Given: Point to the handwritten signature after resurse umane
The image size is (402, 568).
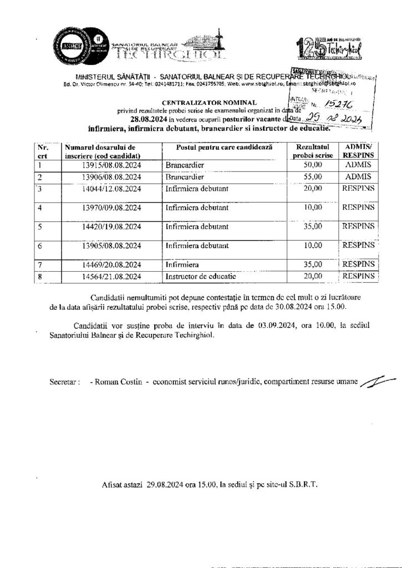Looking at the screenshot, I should (377, 382).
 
